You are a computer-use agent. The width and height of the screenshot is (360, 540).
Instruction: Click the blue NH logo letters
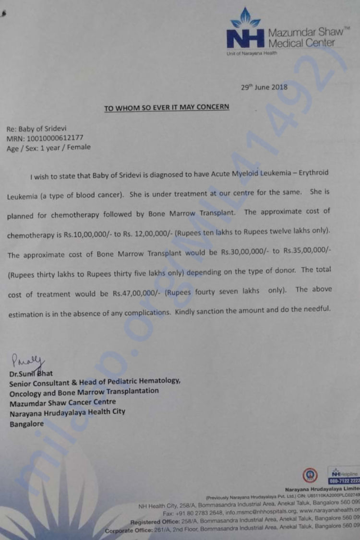point(245,38)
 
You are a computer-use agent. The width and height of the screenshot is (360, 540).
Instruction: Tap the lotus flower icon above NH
point(246,18)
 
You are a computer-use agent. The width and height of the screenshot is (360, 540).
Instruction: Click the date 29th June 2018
point(264,87)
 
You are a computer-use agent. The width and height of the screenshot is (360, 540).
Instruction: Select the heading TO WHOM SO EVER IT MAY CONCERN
point(167,107)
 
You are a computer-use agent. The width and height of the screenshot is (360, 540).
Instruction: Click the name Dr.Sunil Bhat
point(31,373)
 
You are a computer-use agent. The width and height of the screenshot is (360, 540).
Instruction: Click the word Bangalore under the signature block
point(26,424)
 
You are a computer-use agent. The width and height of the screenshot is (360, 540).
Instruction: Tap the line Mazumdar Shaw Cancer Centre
point(62,402)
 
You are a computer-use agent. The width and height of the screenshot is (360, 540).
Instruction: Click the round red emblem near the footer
point(310,475)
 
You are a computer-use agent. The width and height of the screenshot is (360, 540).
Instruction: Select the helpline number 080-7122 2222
point(345,481)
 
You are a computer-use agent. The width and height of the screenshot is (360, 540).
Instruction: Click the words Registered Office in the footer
point(153,521)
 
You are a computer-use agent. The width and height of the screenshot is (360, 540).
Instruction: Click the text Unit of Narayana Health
point(252,53)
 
